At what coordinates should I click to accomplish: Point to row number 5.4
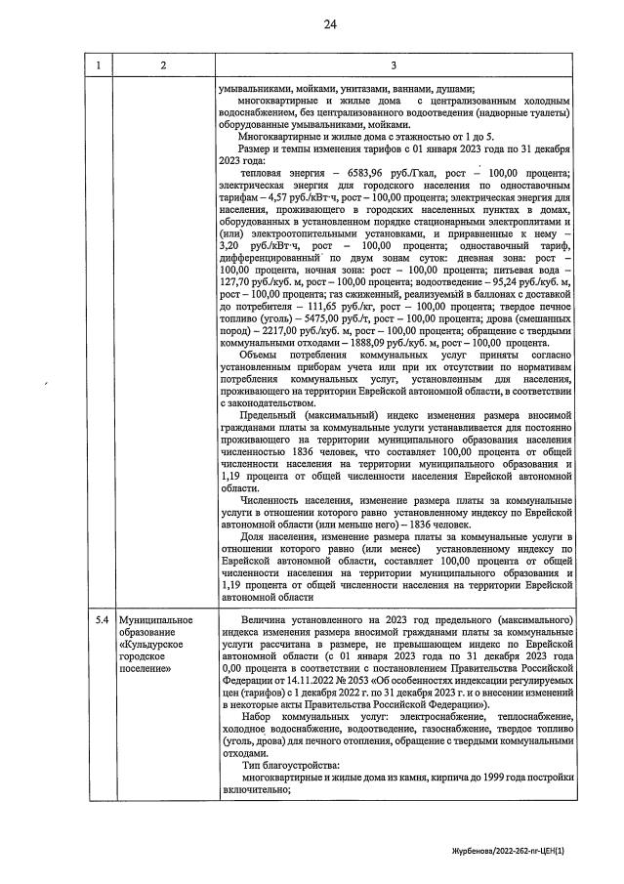(101, 620)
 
